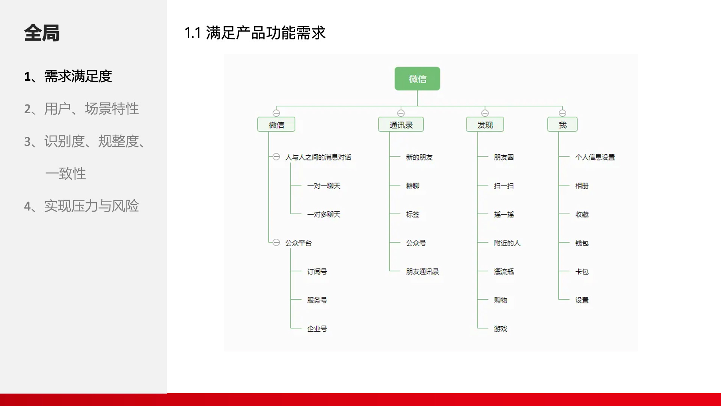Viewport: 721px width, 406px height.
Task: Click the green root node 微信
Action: click(417, 79)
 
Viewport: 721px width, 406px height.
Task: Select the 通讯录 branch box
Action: click(401, 125)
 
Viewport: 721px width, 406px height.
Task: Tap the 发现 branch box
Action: click(485, 125)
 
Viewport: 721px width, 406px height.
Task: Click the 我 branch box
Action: click(562, 125)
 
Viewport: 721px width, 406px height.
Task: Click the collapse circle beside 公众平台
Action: click(276, 242)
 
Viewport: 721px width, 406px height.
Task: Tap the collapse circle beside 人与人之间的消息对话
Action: click(276, 157)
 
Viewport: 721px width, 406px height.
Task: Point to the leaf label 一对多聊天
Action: click(324, 214)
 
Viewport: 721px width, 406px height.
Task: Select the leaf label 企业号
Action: click(317, 329)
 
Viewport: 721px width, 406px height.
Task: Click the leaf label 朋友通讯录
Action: click(422, 271)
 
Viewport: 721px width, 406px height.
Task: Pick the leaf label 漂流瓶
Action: click(504, 271)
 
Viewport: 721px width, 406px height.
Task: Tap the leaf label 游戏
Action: click(500, 329)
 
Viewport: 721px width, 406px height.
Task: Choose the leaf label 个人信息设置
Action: click(595, 157)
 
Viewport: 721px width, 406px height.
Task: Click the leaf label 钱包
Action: click(582, 243)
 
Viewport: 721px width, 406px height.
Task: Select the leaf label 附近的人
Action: click(507, 243)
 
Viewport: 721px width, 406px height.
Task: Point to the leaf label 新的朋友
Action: click(419, 157)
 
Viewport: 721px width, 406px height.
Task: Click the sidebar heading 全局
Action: click(42, 33)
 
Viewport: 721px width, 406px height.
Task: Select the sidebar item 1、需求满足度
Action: click(68, 76)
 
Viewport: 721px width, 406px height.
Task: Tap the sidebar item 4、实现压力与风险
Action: click(81, 206)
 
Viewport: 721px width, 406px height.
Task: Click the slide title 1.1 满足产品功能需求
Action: click(255, 33)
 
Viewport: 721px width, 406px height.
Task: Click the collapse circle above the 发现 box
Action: click(485, 113)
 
